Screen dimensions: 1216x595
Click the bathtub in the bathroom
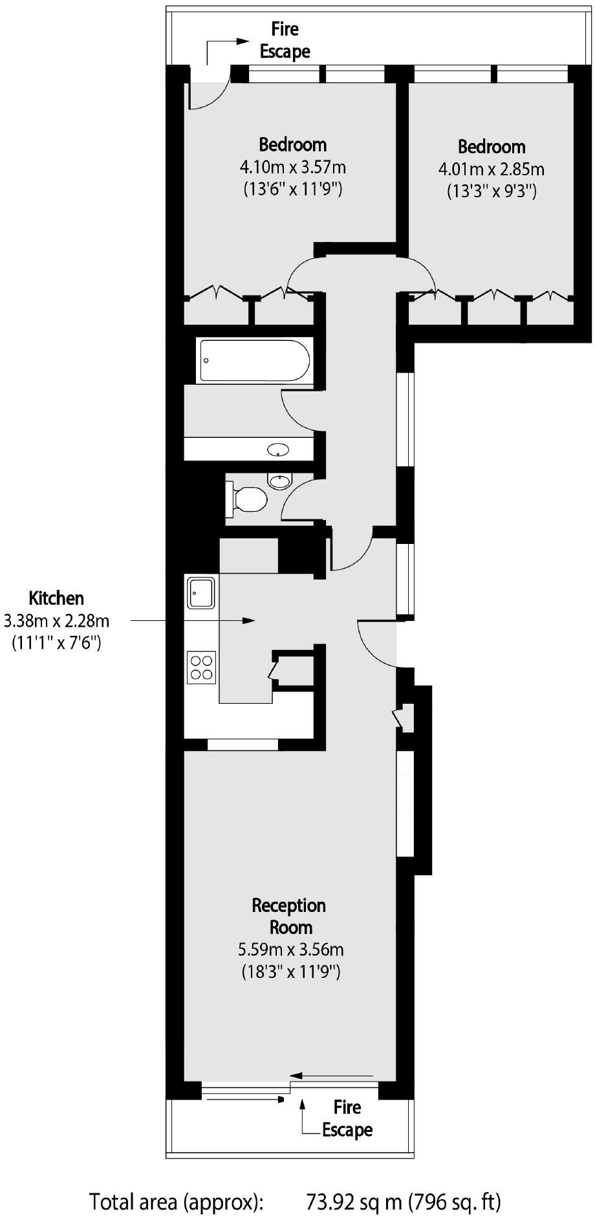[x=255, y=360]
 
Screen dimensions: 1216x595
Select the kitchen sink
[x=200, y=593]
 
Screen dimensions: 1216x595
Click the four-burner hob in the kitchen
[x=201, y=668]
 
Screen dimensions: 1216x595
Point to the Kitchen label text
[x=56, y=598]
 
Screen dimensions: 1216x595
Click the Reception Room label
[x=289, y=916]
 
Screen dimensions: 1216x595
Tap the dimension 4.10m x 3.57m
[x=292, y=168]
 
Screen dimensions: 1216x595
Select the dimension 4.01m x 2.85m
[x=492, y=169]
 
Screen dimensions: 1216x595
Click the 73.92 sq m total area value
[x=354, y=1202]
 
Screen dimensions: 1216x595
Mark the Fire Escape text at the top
[x=285, y=40]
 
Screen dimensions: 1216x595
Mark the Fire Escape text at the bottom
[x=347, y=1118]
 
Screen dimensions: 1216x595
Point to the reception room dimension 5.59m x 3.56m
[x=291, y=950]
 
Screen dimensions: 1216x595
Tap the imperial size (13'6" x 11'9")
[x=292, y=190]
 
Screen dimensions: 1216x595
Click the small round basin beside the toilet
[x=279, y=481]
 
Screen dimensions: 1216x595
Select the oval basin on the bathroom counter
[x=278, y=450]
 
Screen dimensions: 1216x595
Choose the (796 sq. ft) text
[x=455, y=1202]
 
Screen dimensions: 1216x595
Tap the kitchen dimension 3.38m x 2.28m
[x=56, y=621]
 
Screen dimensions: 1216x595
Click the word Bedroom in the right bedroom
[x=492, y=147]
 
